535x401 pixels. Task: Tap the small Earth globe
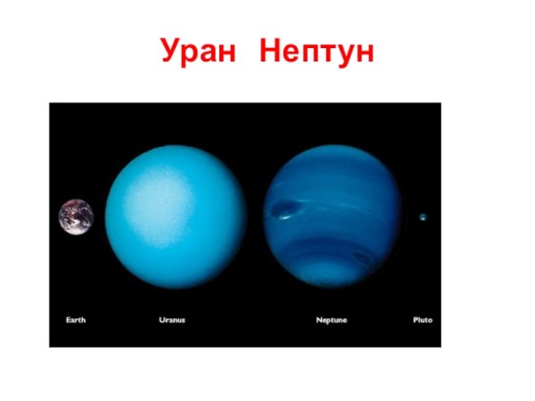pyautogui.click(x=76, y=217)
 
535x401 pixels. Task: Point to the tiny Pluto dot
pyautogui.click(x=423, y=217)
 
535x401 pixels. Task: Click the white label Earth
pyautogui.click(x=76, y=319)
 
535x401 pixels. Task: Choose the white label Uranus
pyautogui.click(x=171, y=319)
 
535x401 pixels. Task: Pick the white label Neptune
pyautogui.click(x=332, y=319)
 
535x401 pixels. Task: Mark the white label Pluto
pyautogui.click(x=423, y=319)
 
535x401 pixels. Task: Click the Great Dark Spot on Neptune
pyautogui.click(x=285, y=211)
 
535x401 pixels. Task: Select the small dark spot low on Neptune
pyautogui.click(x=360, y=258)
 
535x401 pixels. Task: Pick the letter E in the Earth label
pyautogui.click(x=69, y=319)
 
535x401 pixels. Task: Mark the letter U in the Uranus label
pyautogui.click(x=160, y=319)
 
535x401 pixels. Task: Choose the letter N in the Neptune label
pyautogui.click(x=319, y=319)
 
